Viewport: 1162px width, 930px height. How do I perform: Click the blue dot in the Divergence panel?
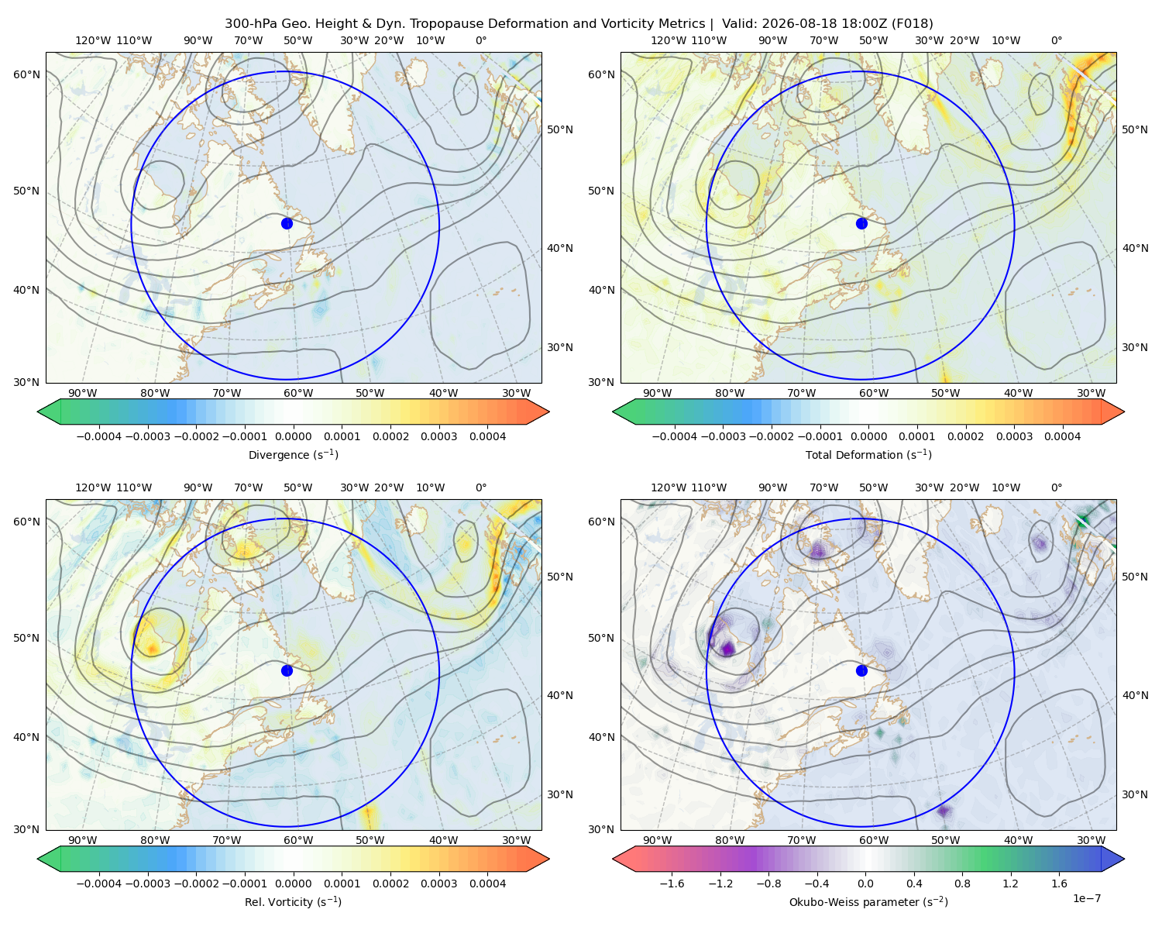[287, 223]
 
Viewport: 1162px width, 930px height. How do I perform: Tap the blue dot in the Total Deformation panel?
[861, 223]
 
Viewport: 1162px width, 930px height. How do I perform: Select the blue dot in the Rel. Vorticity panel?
[287, 670]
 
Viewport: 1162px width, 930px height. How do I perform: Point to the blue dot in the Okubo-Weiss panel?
[861, 670]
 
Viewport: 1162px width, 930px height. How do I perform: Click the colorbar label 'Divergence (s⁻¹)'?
[293, 454]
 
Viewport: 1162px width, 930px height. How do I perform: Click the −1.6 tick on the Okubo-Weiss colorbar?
[672, 883]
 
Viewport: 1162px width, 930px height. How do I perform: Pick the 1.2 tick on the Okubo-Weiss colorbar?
[1010, 883]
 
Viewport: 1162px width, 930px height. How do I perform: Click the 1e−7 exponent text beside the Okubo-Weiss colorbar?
[1086, 898]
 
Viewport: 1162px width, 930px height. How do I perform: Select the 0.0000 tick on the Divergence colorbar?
[293, 436]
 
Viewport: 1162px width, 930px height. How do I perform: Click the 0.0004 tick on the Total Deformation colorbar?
[1062, 436]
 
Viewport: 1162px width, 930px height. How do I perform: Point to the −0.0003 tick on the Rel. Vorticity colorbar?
[147, 883]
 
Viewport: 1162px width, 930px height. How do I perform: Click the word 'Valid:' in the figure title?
[740, 24]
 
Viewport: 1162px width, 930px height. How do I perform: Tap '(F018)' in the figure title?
[912, 24]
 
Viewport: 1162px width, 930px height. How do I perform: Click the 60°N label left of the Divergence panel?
[26, 74]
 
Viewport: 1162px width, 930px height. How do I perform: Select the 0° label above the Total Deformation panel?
[1056, 40]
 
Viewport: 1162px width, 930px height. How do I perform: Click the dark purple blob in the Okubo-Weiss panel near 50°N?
[727, 648]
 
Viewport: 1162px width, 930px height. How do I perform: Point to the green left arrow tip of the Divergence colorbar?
[38, 412]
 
